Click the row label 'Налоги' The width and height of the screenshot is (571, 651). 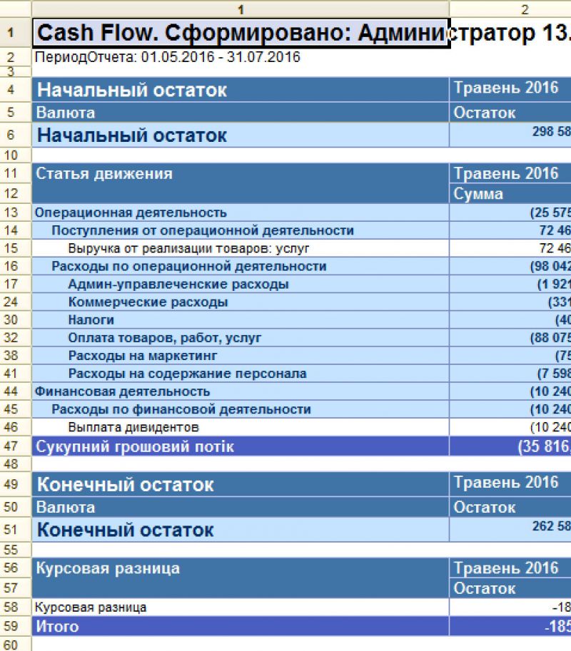pos(91,320)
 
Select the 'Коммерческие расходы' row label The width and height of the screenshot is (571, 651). pos(148,302)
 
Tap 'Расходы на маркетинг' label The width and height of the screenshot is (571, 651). pos(142,356)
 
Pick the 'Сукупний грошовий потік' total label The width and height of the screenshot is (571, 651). pos(135,447)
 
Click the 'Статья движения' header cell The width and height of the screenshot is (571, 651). pos(104,174)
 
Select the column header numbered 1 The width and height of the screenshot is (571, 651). pos(241,9)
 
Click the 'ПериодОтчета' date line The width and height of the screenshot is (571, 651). pos(167,57)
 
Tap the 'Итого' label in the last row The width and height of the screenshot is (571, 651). pos(57,627)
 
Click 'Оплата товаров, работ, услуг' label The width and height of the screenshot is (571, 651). pos(165,338)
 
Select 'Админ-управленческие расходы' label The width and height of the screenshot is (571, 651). pos(178,285)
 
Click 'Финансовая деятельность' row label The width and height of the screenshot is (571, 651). pos(122,391)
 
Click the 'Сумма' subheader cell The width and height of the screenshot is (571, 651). pos(478,194)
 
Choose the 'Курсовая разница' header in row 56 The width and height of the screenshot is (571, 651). pos(108,569)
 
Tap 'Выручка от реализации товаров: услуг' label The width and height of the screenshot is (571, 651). pos(189,248)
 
